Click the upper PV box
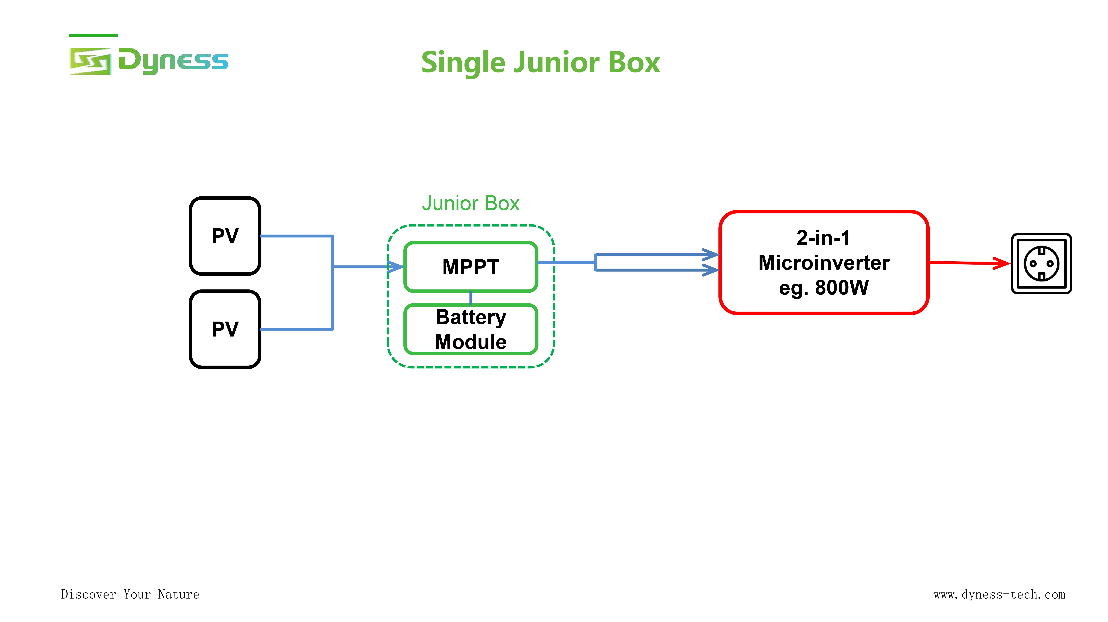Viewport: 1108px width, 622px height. coord(225,236)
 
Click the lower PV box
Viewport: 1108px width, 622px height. coord(225,329)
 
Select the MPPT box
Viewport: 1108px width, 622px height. coord(470,267)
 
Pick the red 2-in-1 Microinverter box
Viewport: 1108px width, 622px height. coord(824,262)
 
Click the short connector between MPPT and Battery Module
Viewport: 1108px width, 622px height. coord(470,298)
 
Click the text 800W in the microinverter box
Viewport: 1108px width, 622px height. coord(842,287)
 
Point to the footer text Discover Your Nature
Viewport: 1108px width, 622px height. coord(130,594)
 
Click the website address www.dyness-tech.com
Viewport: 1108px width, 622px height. coord(999,594)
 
